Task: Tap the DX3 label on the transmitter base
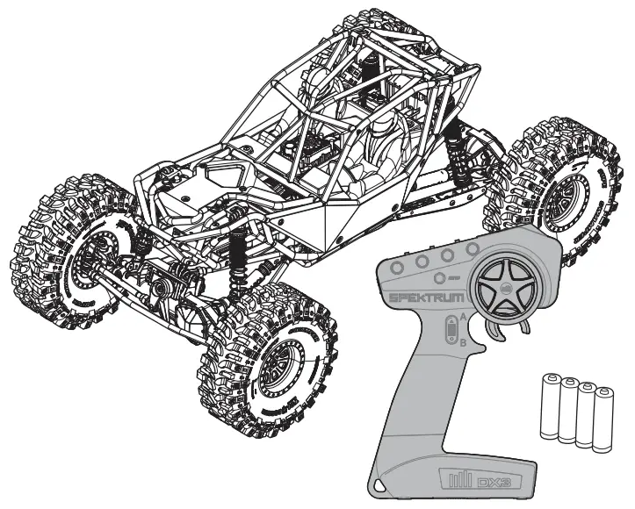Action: [485, 482]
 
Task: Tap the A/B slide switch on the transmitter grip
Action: [449, 331]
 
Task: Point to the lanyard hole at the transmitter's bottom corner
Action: [379, 484]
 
